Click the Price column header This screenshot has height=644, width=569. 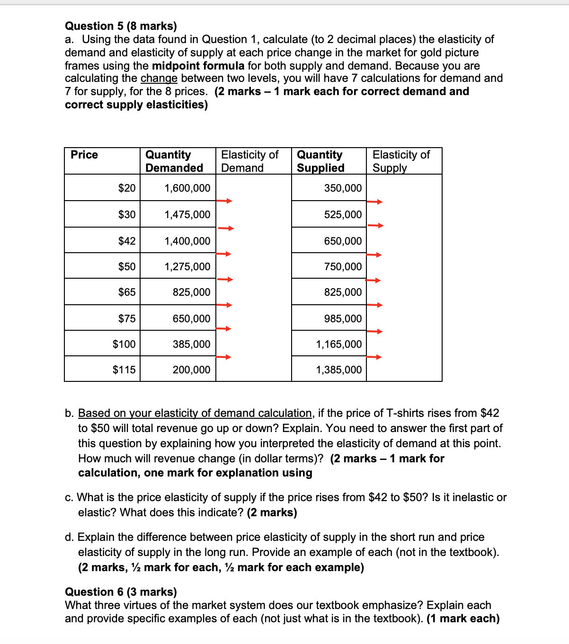click(84, 155)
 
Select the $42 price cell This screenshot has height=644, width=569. click(126, 241)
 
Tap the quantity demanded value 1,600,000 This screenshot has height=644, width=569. click(187, 188)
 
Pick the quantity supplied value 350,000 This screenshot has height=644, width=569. click(343, 188)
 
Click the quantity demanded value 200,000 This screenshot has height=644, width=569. click(191, 370)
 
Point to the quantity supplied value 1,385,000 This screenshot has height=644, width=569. click(338, 370)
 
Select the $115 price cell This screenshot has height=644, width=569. click(124, 370)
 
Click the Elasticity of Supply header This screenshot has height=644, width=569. click(401, 161)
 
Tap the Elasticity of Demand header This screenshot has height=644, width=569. click(249, 161)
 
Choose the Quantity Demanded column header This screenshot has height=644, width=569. click(174, 161)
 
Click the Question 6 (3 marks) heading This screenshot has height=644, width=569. click(121, 592)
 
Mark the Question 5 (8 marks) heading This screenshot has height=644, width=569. click(121, 26)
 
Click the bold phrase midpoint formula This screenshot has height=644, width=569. click(198, 66)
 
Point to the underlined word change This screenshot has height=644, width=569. click(159, 78)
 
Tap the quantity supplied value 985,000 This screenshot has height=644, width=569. click(343, 318)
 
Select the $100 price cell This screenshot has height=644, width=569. click(124, 344)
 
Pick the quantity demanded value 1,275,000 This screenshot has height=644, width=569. click(187, 266)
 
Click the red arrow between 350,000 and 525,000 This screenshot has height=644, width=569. click(374, 202)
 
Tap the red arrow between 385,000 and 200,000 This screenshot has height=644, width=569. click(224, 357)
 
